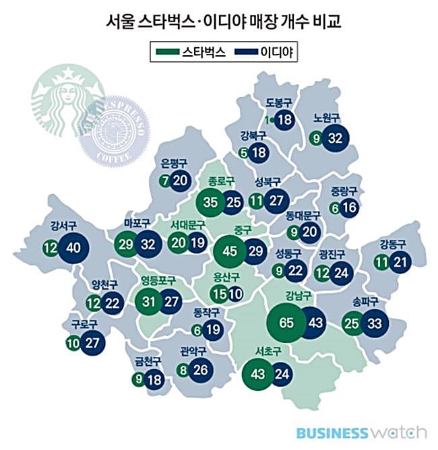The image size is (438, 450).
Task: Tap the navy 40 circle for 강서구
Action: click(x=74, y=247)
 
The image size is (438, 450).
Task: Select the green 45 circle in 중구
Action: click(x=231, y=251)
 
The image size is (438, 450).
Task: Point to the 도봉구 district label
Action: click(x=278, y=103)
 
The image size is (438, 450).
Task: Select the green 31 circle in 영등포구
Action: click(x=149, y=301)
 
